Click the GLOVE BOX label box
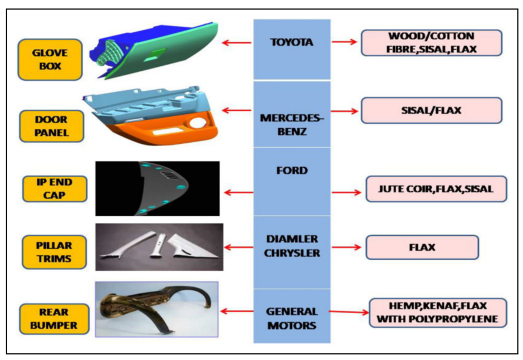pos(50,60)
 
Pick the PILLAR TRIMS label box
pos(55,251)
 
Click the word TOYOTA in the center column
pos(292,42)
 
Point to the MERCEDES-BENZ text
pos(292,125)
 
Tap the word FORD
pos(292,170)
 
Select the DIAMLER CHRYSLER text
pos(292,246)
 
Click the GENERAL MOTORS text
pos(292,318)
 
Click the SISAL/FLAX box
pos(431,110)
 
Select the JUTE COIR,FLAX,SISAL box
pos(436,189)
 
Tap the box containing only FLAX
pos(422,247)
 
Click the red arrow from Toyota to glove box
pos(237,42)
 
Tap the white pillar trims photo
pos(159,246)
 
